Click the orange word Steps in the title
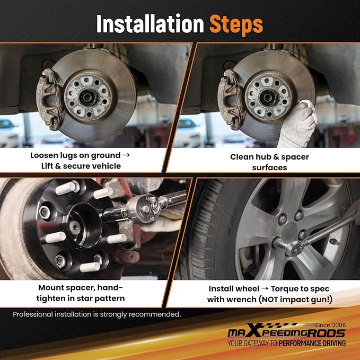tap(236, 24)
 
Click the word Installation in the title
tap(150, 24)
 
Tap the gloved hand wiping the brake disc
tap(298, 124)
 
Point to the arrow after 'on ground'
tap(126, 155)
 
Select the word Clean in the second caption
tap(242, 157)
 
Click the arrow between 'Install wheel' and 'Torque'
tap(265, 288)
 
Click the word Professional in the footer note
tap(33, 314)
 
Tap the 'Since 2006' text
tap(330, 325)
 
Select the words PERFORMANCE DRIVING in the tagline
tap(312, 343)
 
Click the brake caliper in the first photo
tap(49, 99)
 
